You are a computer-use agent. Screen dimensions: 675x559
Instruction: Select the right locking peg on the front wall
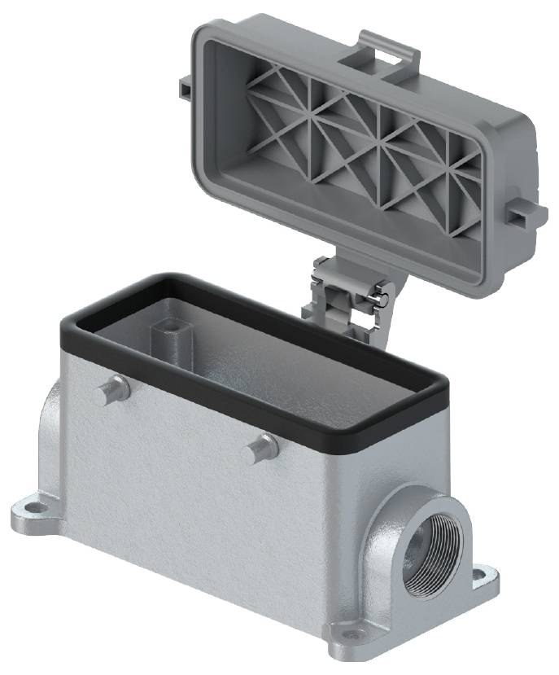pyautogui.click(x=262, y=447)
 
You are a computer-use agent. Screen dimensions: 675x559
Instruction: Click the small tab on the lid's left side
pyautogui.click(x=186, y=84)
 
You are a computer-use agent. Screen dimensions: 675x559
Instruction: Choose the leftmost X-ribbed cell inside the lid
pyautogui.click(x=277, y=122)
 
